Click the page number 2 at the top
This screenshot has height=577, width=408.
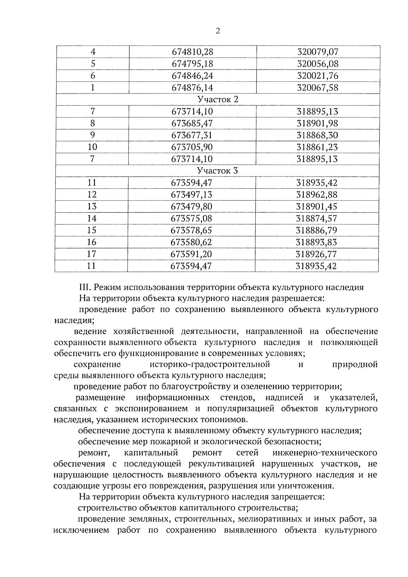[218, 31]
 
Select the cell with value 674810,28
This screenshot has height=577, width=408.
[192, 52]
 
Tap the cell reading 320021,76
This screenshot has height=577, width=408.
[318, 76]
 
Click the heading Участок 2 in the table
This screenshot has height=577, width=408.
[218, 100]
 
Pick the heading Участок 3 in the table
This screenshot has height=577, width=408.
[218, 171]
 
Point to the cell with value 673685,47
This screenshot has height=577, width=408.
[192, 123]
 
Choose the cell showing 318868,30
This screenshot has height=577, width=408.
[317, 135]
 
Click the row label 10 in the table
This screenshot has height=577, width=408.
[92, 147]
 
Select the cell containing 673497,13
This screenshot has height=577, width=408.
[191, 194]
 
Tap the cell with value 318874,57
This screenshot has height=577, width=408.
[317, 218]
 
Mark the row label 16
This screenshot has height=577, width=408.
[91, 242]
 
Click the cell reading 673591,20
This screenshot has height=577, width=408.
[191, 254]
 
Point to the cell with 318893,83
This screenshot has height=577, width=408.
[317, 242]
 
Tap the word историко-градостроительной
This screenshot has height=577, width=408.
[210, 364]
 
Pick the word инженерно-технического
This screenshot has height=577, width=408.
[325, 453]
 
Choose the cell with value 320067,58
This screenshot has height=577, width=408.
[318, 88]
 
